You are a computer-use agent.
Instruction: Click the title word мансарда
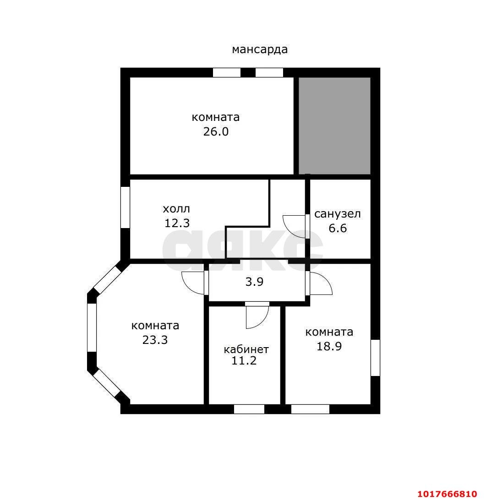(x=259, y=49)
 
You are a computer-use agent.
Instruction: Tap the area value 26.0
(x=216, y=131)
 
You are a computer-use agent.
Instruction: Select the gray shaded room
(x=334, y=126)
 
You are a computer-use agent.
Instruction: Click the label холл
(x=176, y=209)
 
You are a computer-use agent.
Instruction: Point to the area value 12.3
(x=177, y=223)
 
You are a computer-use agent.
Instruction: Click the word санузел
(x=338, y=214)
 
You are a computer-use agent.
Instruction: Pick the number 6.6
(x=338, y=228)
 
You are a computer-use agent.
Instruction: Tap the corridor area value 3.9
(x=254, y=282)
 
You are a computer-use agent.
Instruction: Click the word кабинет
(x=246, y=349)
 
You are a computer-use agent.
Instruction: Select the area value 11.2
(x=244, y=361)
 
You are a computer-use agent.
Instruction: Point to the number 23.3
(x=155, y=340)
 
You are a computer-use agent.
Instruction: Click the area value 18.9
(x=329, y=346)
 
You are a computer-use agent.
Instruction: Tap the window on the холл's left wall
(x=125, y=207)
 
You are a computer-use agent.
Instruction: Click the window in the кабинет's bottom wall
(x=249, y=409)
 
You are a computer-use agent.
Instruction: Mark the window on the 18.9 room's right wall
(x=376, y=358)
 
